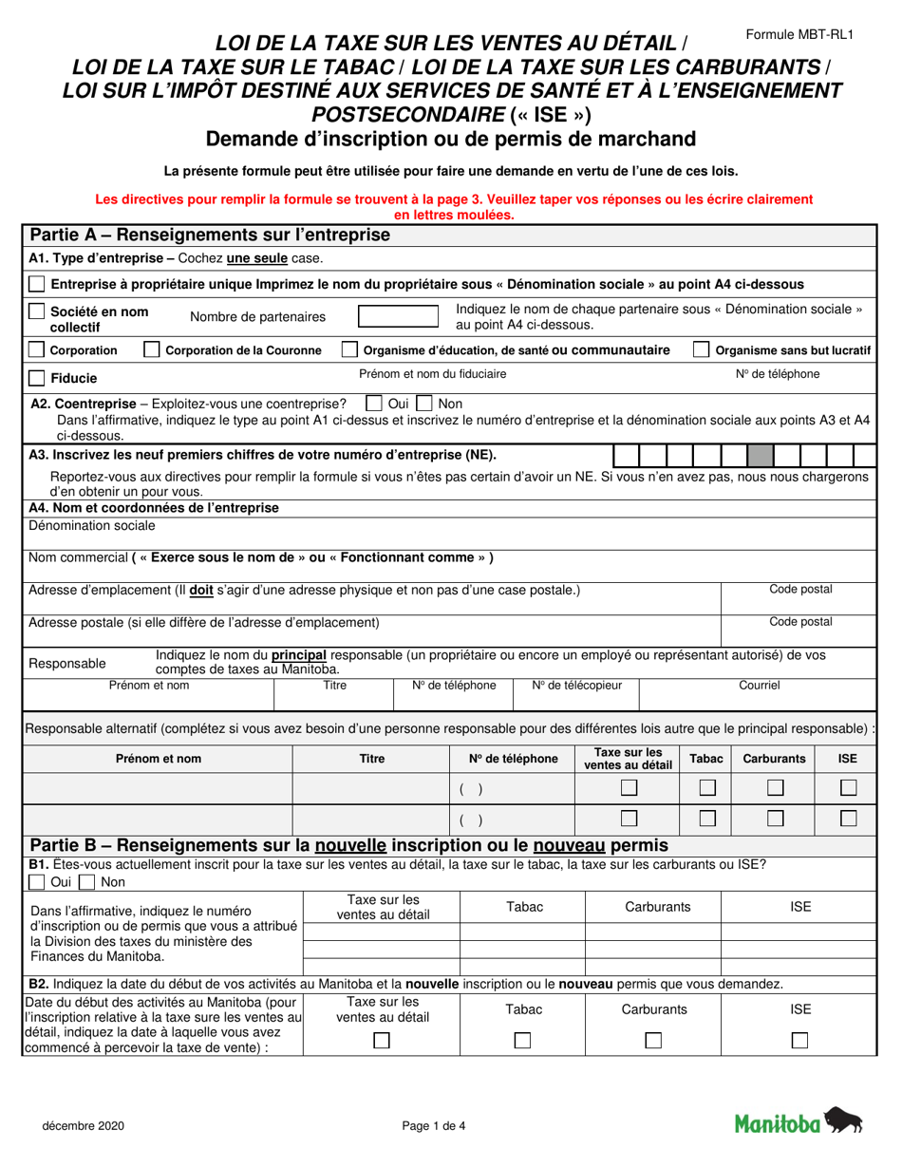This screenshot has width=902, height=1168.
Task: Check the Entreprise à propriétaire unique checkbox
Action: tap(36, 284)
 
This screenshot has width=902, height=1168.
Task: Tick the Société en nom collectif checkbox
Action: tap(36, 311)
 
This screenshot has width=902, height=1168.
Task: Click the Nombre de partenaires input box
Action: tap(397, 317)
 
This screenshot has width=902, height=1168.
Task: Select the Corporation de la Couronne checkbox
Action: tap(151, 350)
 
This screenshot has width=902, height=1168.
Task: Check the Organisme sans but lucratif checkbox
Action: tap(701, 350)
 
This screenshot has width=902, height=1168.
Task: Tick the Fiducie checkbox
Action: tap(36, 378)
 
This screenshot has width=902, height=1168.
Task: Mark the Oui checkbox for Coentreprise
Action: tap(374, 404)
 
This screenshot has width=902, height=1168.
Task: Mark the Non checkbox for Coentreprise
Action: tap(424, 404)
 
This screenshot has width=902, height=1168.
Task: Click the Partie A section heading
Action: tap(210, 235)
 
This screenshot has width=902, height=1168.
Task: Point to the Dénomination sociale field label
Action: tap(92, 525)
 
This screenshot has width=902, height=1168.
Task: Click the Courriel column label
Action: tap(759, 685)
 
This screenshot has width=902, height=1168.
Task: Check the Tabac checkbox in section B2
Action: tap(522, 1041)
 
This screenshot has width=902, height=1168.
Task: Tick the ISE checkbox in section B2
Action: tap(799, 1041)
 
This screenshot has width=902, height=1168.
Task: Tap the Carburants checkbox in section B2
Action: tap(653, 1041)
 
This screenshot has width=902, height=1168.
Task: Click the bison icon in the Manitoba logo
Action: tap(843, 1121)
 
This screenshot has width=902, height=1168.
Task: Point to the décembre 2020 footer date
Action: tap(82, 1126)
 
